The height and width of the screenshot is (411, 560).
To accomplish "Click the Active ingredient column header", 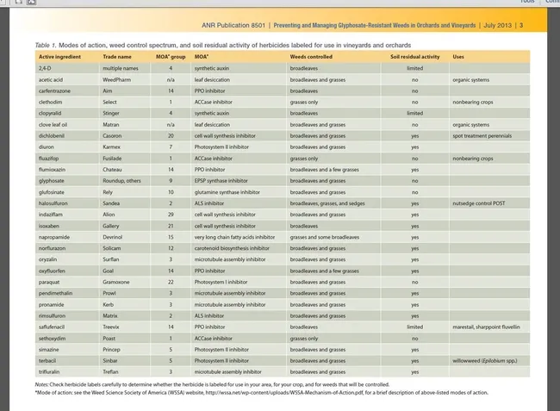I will [59, 56].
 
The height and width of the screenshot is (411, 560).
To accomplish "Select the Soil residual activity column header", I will [415, 56].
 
